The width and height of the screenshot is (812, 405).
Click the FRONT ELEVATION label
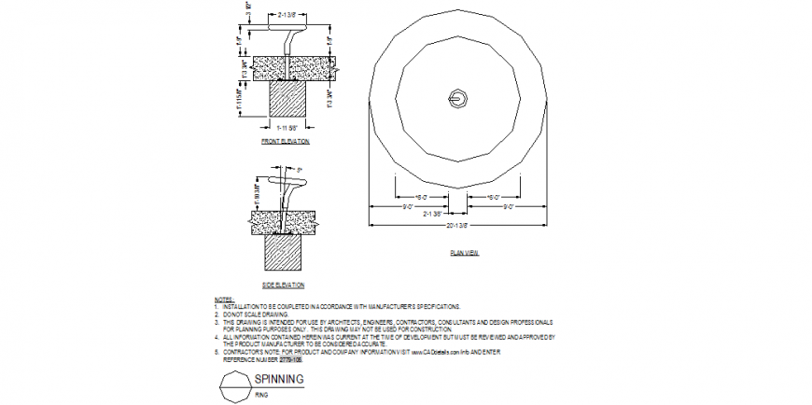point(286,141)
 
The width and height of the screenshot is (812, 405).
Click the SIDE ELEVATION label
point(284,284)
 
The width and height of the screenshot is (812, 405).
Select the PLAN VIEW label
point(464,253)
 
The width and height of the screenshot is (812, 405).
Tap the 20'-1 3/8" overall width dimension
point(457,226)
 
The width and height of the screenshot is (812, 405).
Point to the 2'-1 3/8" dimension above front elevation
point(290,15)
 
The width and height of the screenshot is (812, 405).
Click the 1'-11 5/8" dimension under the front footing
point(286,126)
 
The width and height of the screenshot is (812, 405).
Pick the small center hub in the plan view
point(456,97)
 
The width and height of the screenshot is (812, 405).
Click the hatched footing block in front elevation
point(286,100)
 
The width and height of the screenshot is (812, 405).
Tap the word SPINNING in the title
point(280,379)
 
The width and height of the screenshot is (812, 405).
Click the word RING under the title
point(263,395)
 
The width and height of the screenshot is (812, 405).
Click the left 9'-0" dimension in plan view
point(409,207)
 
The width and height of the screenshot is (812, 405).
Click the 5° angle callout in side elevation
point(300,169)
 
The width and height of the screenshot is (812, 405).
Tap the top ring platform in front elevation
point(290,28)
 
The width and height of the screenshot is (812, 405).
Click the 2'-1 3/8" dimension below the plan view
point(432,214)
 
